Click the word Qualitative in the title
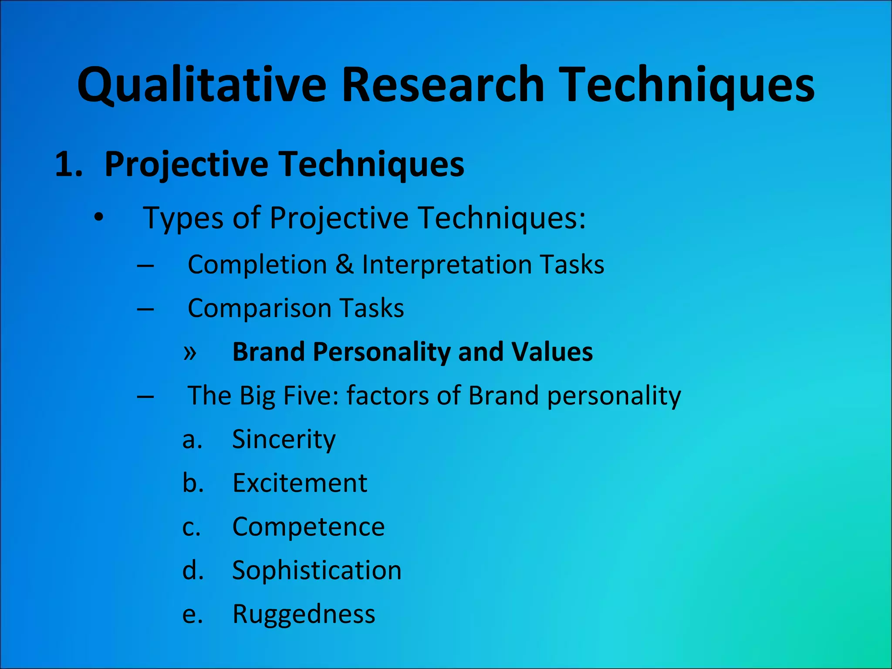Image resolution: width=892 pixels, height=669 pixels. tap(201, 85)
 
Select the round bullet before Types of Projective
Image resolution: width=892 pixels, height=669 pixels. tap(99, 217)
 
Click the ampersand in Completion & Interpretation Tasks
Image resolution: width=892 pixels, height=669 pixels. tap(345, 264)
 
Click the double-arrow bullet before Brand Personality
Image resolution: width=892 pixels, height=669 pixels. tap(190, 352)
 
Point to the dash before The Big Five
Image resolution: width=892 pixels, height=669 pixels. tap(145, 396)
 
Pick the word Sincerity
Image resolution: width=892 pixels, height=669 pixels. tap(284, 439)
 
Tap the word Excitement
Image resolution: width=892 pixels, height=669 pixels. tap(300, 483)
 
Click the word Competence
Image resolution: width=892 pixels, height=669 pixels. tap(308, 527)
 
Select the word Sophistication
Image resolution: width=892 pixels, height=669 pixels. tap(317, 570)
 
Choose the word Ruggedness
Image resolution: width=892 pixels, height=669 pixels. tap(304, 614)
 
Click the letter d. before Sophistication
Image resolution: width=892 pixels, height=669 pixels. tap(193, 570)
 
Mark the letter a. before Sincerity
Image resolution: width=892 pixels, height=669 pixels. tap(192, 439)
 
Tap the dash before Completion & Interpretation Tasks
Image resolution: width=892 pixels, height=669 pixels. tap(145, 265)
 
